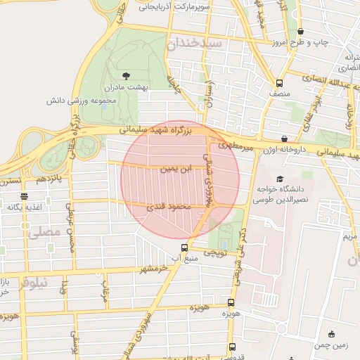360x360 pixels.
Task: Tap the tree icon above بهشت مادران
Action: tap(126, 75)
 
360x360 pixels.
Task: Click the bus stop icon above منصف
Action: tap(279, 82)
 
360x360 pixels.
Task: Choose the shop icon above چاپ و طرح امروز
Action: tap(301, 32)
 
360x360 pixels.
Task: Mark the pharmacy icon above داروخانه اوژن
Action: tap(284, 139)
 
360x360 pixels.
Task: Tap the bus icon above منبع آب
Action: tap(184, 247)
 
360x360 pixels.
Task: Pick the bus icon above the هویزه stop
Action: tap(231, 302)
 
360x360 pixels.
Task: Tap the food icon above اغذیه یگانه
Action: tap(25, 196)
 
